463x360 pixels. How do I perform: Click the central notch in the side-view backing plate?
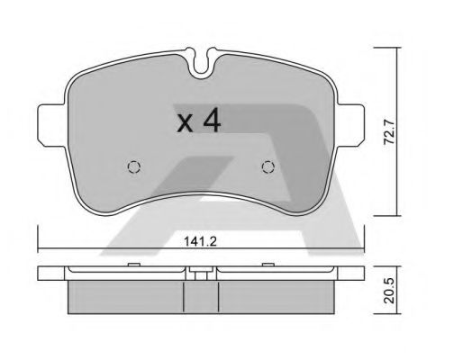[198, 271]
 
